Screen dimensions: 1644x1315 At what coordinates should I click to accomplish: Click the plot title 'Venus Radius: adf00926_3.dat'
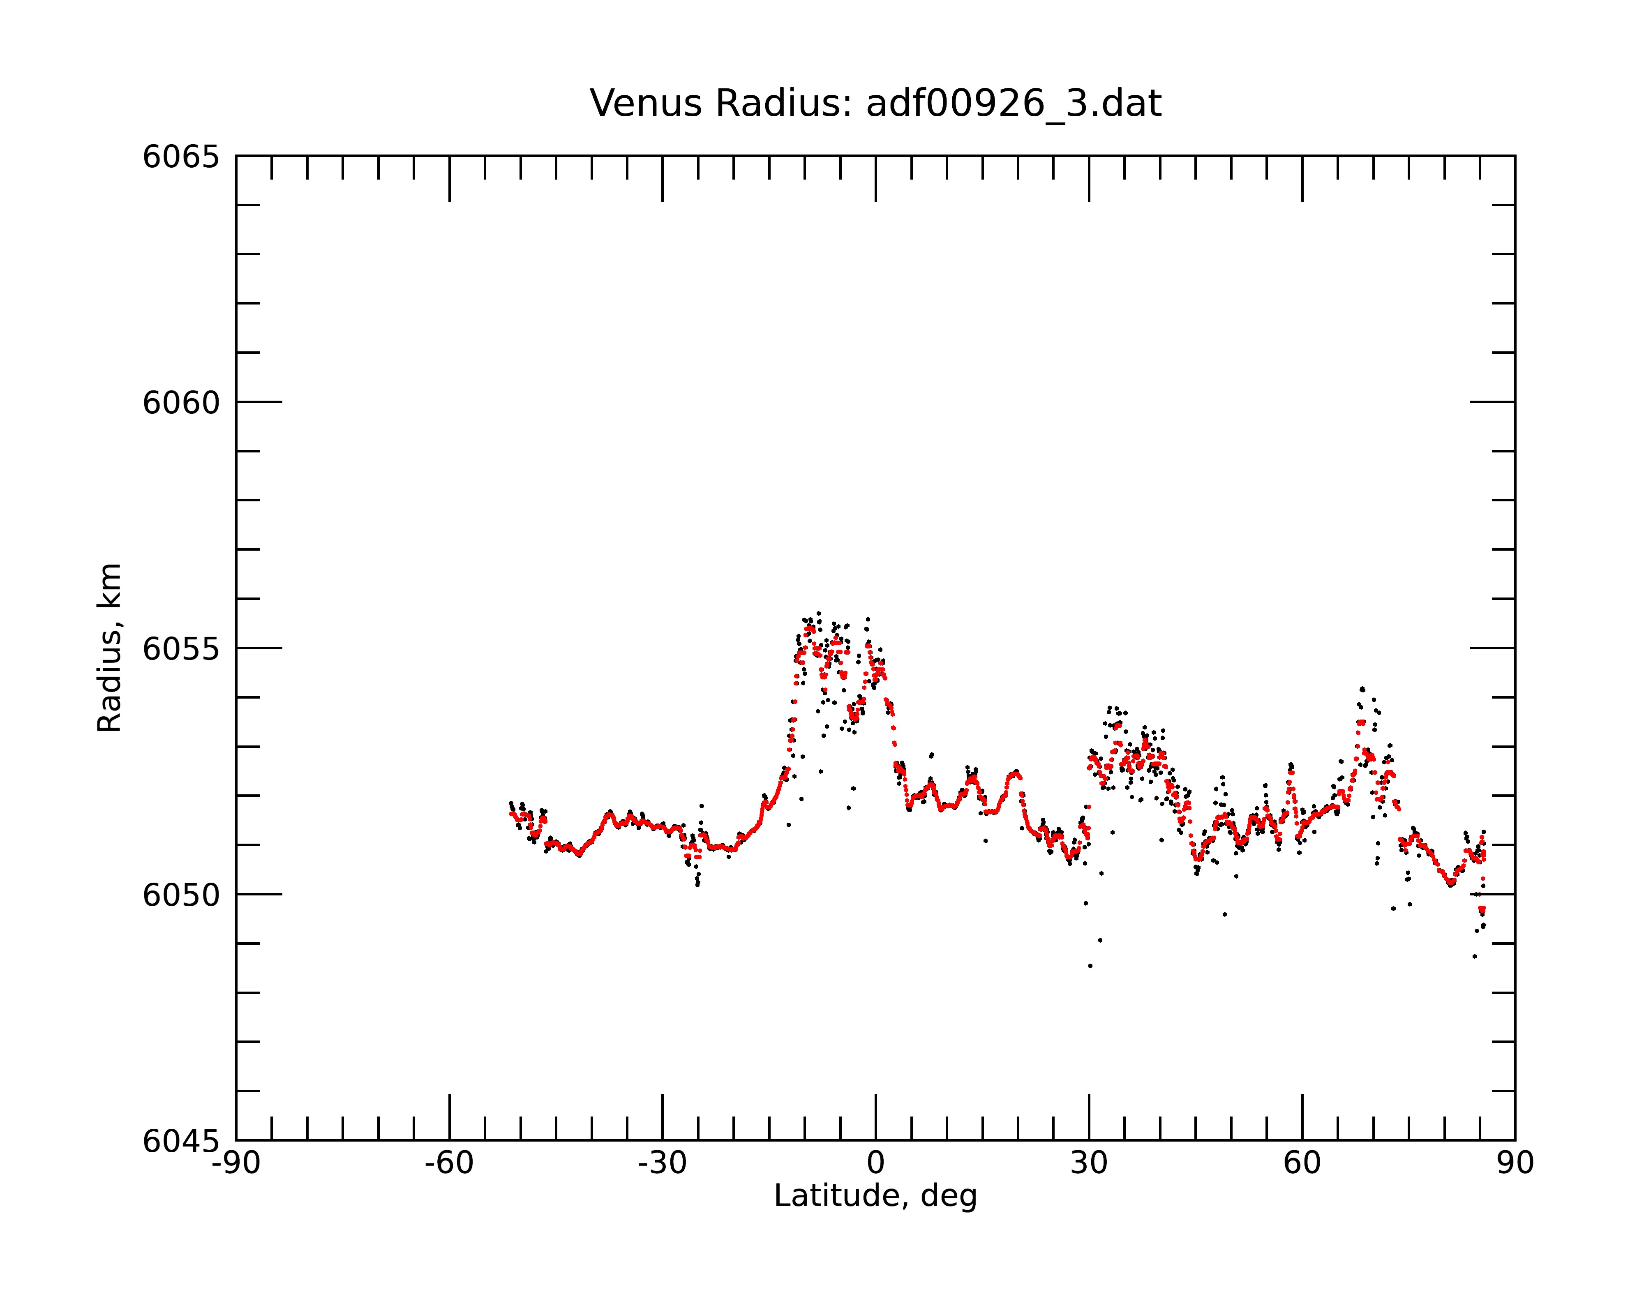pyautogui.click(x=875, y=104)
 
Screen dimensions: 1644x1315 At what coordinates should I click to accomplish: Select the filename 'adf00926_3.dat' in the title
pyautogui.click(x=1014, y=104)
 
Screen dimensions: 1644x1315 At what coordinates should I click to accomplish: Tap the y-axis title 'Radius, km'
pyautogui.click(x=109, y=648)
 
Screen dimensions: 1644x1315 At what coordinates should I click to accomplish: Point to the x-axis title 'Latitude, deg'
pyautogui.click(x=875, y=1195)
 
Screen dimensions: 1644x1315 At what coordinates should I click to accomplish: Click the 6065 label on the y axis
pyautogui.click(x=181, y=157)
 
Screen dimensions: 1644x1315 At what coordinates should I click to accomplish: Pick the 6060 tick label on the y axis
pyautogui.click(x=181, y=402)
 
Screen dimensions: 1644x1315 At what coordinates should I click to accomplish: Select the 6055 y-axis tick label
pyautogui.click(x=181, y=649)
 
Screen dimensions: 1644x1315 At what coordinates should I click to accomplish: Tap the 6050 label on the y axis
pyautogui.click(x=181, y=895)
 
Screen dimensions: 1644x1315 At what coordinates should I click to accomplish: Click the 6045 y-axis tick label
pyautogui.click(x=181, y=1141)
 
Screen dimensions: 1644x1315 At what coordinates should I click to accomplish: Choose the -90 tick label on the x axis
pyautogui.click(x=236, y=1163)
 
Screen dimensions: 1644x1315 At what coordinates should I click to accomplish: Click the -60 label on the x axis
pyautogui.click(x=449, y=1163)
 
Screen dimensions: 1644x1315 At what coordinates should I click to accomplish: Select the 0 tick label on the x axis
pyautogui.click(x=875, y=1163)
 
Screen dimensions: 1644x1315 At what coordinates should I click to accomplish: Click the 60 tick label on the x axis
pyautogui.click(x=1302, y=1163)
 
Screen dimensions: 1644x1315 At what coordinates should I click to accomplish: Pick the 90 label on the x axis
pyautogui.click(x=1515, y=1163)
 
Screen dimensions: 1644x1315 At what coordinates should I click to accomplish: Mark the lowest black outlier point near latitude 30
pyautogui.click(x=1090, y=966)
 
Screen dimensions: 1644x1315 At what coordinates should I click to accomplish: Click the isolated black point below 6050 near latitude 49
pyautogui.click(x=1225, y=914)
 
